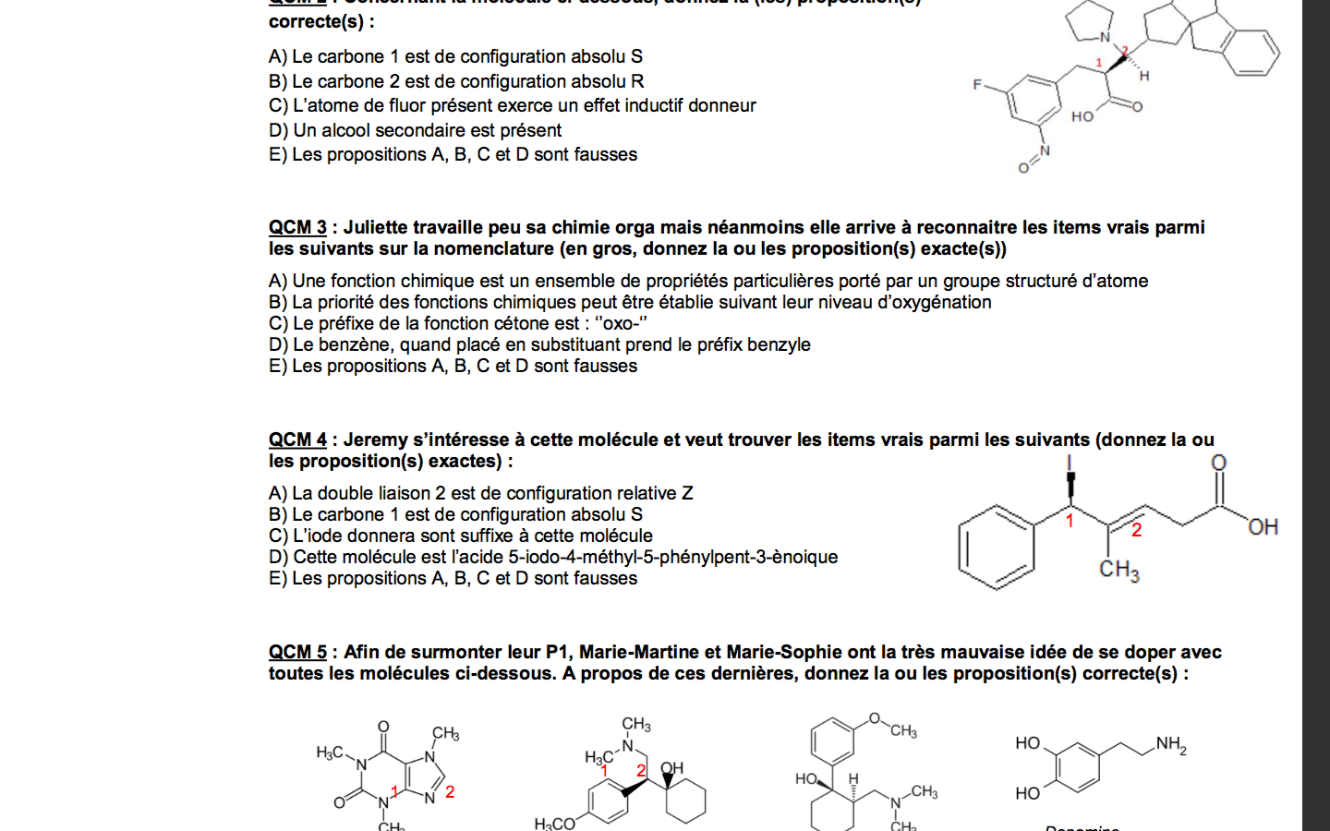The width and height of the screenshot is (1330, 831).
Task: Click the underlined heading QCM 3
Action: pos(297,227)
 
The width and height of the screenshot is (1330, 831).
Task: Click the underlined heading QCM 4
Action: pos(297,440)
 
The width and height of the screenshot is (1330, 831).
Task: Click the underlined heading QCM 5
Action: pos(297,652)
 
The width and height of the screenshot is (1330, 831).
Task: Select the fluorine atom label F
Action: pos(977,85)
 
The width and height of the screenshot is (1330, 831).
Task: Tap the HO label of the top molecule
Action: pos(1082,116)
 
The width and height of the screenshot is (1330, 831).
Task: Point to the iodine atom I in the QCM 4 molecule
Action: pos(1070,464)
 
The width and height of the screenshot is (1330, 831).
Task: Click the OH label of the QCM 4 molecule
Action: pos(1263,527)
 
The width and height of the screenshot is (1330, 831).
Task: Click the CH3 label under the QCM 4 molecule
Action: pos(1118,570)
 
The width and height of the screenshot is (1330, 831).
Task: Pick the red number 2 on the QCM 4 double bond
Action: pos(1136,530)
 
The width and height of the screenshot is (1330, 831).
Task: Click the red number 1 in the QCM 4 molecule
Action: pos(1070,522)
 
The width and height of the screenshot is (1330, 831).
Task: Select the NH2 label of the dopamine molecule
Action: pos(1170,744)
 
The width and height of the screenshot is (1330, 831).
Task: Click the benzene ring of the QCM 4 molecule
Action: pos(996,547)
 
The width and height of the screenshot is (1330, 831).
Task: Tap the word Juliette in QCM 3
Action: pos(376,227)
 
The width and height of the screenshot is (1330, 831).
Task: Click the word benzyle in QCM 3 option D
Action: pos(779,344)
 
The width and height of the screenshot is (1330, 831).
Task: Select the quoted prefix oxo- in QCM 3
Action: pos(623,323)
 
